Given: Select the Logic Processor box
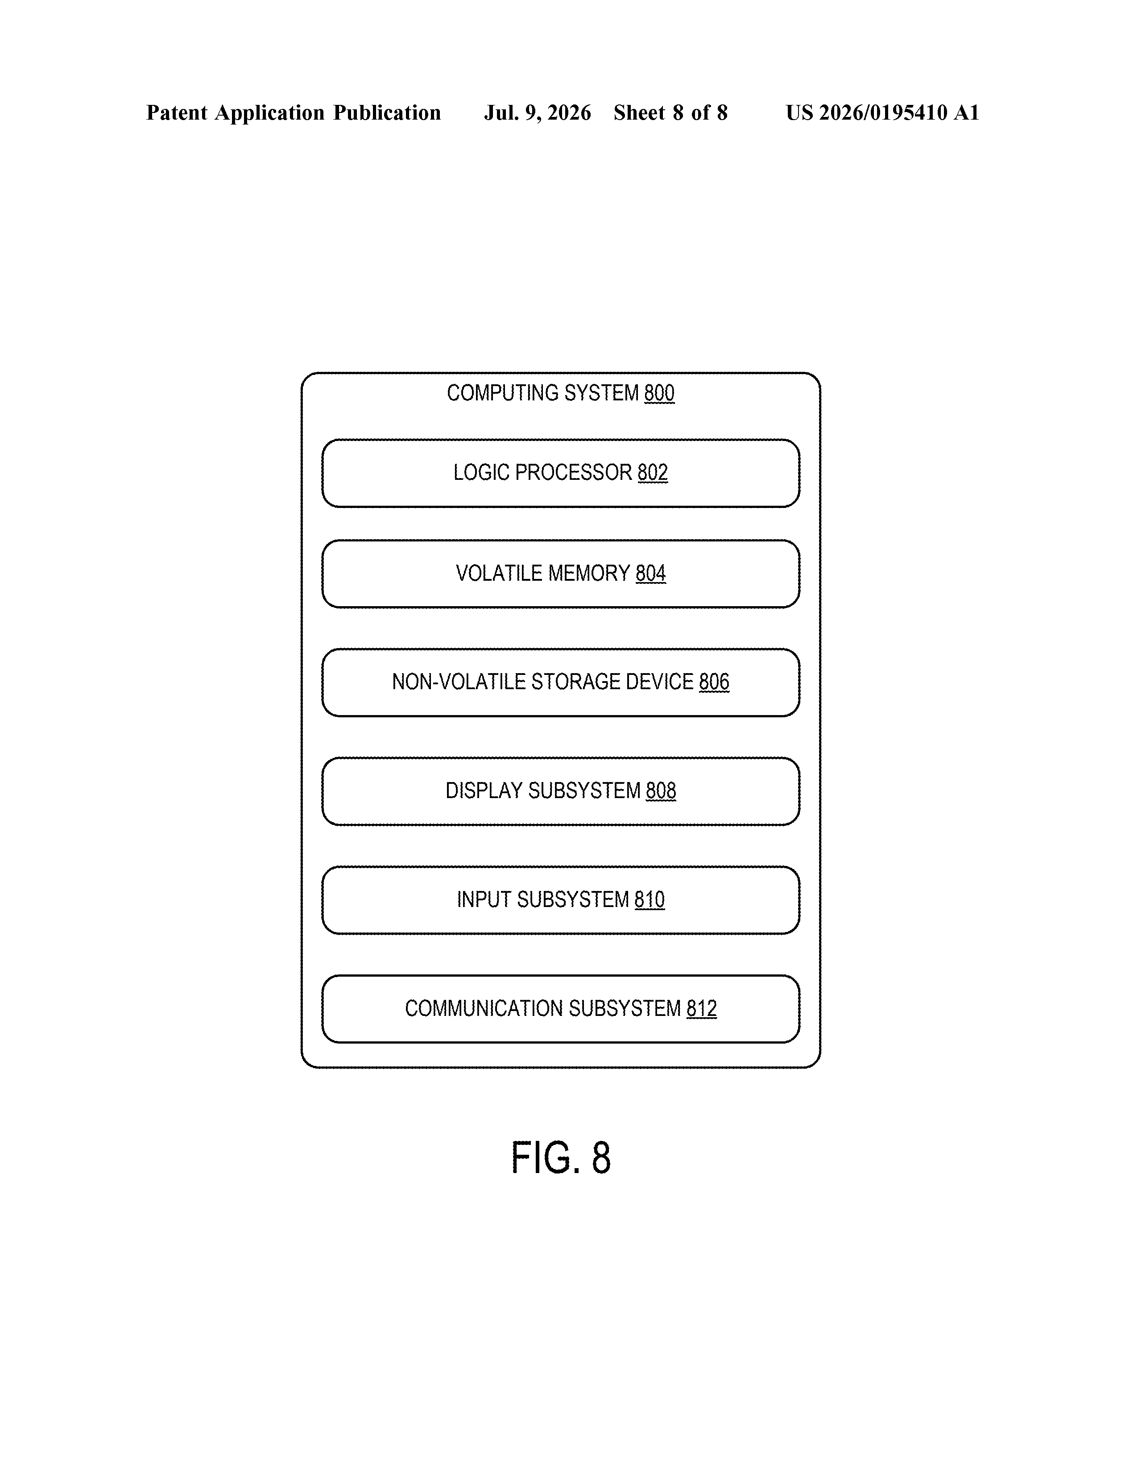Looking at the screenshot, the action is click(x=561, y=473).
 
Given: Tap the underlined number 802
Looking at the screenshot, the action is click(x=653, y=472).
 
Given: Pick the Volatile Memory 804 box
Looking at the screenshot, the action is click(x=561, y=574).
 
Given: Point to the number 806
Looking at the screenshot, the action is click(x=714, y=682).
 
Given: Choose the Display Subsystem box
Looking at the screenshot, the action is click(x=561, y=791).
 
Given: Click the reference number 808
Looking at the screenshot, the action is click(x=661, y=791).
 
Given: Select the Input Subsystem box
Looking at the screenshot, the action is click(x=561, y=900).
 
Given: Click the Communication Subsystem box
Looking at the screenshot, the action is click(x=561, y=1009).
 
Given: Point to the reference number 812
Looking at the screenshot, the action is click(x=702, y=1008).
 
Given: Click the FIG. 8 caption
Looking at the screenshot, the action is click(x=561, y=1157).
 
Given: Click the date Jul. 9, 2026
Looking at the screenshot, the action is click(x=537, y=112).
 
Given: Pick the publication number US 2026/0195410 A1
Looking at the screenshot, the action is click(x=882, y=112).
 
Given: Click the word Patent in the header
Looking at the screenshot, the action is click(x=177, y=112).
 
